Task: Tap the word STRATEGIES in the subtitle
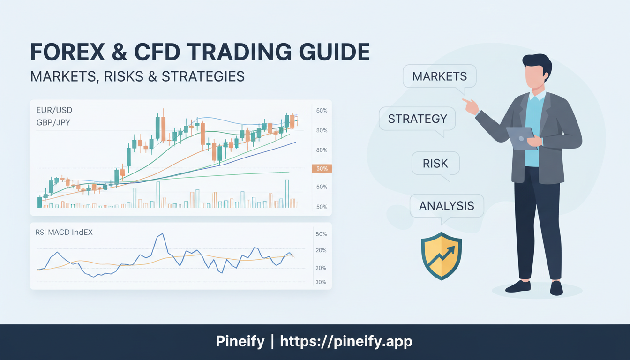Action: pyautogui.click(x=203, y=76)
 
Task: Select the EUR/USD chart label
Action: pyautogui.click(x=54, y=110)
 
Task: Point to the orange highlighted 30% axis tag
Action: pyautogui.click(x=322, y=168)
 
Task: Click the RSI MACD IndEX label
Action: pyautogui.click(x=64, y=232)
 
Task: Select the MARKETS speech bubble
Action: pyautogui.click(x=439, y=76)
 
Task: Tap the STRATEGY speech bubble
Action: pyautogui.click(x=417, y=119)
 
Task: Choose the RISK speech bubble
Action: pyautogui.click(x=435, y=164)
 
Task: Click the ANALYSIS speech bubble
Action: pyautogui.click(x=446, y=206)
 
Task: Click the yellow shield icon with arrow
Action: pyautogui.click(x=441, y=255)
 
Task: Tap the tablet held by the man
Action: pyautogui.click(x=521, y=138)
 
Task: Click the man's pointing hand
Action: pyautogui.click(x=471, y=106)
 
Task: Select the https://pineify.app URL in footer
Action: pyautogui.click(x=346, y=342)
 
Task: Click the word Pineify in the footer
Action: pyautogui.click(x=240, y=342)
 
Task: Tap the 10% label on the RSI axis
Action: pyautogui.click(x=321, y=282)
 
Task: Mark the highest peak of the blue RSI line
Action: pyautogui.click(x=161, y=234)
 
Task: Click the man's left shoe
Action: pyautogui.click(x=517, y=286)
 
